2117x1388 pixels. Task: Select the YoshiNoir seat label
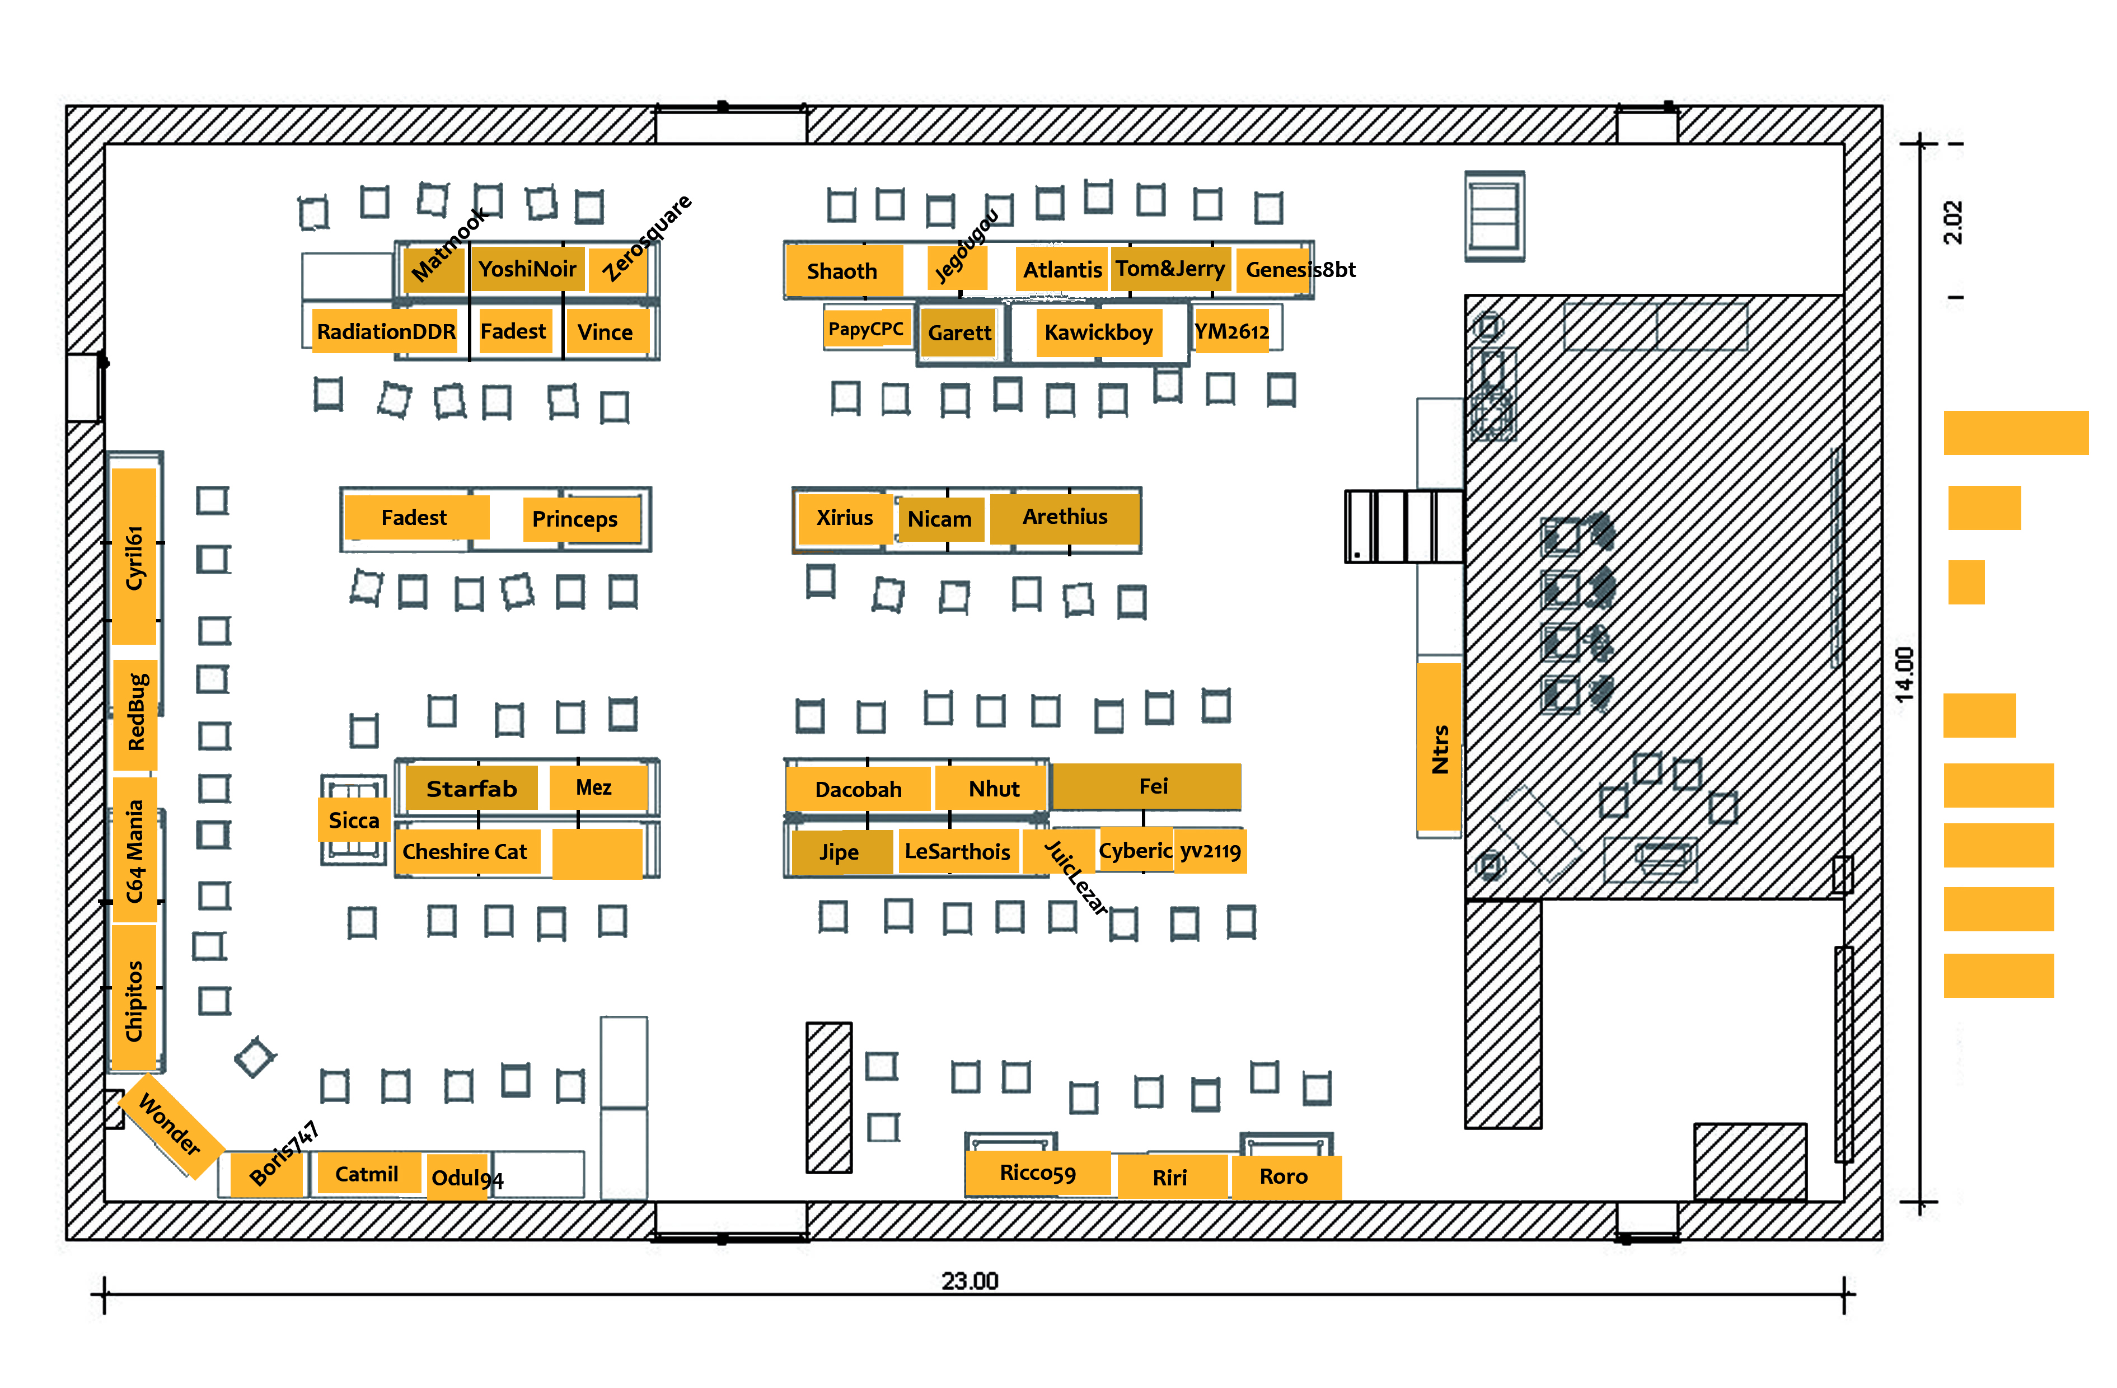tap(527, 269)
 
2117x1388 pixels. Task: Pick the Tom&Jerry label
tap(1170, 269)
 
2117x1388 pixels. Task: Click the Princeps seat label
tap(575, 519)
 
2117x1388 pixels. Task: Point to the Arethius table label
tap(1065, 517)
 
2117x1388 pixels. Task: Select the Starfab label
tap(471, 789)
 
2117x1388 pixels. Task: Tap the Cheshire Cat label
tap(464, 852)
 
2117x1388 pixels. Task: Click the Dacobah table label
tap(858, 790)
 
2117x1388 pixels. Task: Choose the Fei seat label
tap(1153, 786)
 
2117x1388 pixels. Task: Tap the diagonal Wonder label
tap(170, 1125)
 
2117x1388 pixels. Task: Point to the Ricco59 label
tap(1037, 1173)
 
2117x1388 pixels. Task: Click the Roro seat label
tap(1284, 1176)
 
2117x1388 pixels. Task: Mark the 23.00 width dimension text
tap(969, 1281)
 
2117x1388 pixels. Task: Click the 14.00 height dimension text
tap(1904, 674)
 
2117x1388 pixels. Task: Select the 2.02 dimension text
tap(1952, 222)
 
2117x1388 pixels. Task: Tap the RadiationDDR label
tap(386, 332)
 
